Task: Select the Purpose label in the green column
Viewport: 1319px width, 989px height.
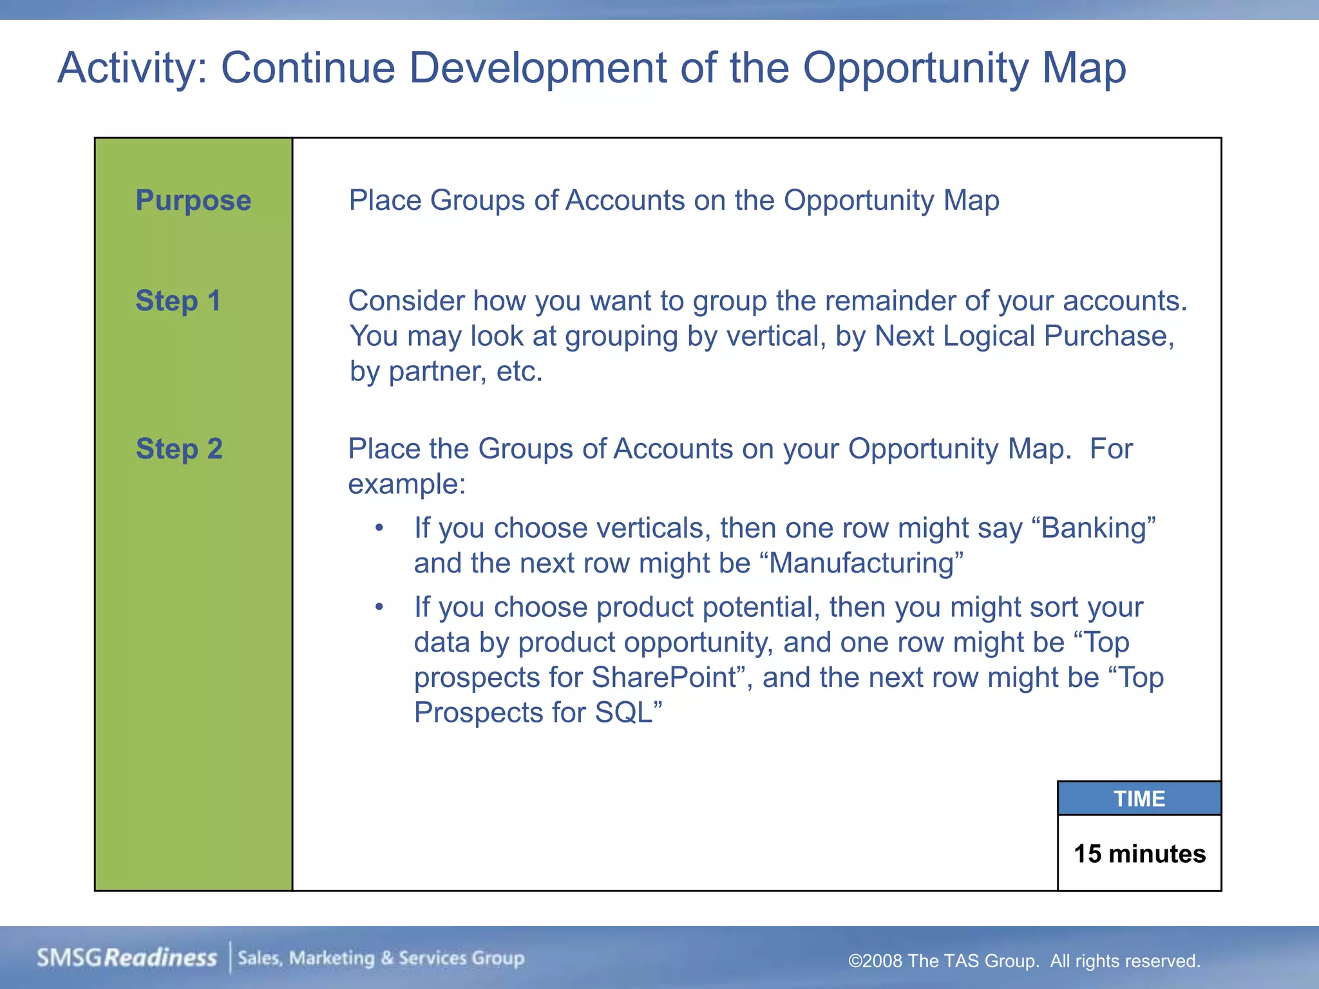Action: point(193,200)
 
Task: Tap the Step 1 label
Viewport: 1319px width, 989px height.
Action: point(178,301)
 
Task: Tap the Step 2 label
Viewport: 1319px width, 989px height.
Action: point(179,449)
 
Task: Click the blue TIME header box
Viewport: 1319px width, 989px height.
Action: point(1139,798)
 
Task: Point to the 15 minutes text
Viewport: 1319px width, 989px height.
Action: point(1139,854)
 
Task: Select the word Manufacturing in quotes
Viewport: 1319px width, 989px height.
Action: point(861,563)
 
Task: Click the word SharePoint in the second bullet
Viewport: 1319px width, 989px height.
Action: point(663,677)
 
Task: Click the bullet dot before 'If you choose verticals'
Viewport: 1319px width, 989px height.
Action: point(379,529)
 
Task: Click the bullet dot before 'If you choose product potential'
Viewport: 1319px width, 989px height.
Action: point(379,607)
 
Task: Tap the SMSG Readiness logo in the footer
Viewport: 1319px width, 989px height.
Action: point(127,958)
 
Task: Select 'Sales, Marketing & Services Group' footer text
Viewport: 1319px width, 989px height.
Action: point(381,958)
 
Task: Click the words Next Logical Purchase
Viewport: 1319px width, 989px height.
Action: point(1024,336)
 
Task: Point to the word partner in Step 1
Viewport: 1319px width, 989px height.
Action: point(437,372)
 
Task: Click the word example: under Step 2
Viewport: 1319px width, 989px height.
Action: point(406,484)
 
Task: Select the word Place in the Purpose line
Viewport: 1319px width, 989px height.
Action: point(384,200)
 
